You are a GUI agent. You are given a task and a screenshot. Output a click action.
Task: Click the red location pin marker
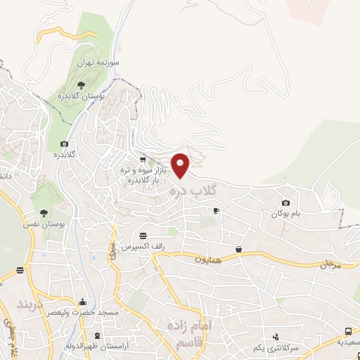pos(181,165)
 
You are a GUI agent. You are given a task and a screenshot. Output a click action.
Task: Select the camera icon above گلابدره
pos(65,143)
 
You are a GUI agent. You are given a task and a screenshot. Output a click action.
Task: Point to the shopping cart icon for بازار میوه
pos(143,160)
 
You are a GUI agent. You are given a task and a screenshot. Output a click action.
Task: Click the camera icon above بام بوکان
pos(285,202)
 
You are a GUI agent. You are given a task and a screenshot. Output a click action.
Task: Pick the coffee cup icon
pos(216,210)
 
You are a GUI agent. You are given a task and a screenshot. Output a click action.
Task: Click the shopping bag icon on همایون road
pos(239,249)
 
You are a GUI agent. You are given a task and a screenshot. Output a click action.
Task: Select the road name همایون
pos(208,259)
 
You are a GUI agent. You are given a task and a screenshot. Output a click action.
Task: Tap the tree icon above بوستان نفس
pos(44,212)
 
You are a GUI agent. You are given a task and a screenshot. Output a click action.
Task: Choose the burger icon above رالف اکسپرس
pos(143,235)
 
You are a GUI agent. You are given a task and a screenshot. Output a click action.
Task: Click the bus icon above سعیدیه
pos(349,332)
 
